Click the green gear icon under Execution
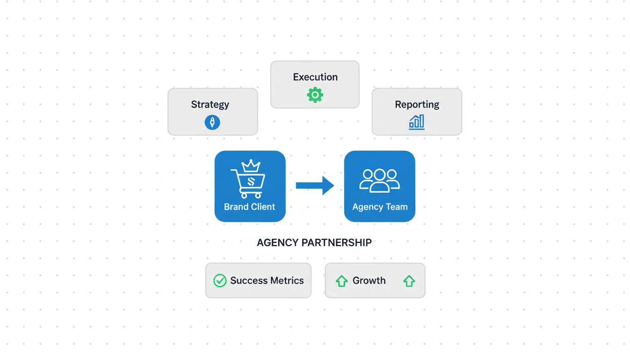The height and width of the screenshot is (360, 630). (315, 95)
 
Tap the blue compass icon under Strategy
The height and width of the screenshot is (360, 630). (212, 123)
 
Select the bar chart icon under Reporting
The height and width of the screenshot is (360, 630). (417, 122)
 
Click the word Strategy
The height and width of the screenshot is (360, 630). (210, 105)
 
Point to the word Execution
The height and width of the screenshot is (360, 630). (315, 77)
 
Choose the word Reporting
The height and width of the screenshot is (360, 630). (417, 105)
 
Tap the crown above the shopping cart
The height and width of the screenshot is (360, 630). (250, 166)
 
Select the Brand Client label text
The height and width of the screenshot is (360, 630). (249, 207)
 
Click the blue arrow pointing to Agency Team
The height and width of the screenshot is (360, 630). (315, 186)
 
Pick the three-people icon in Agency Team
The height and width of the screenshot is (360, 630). (379, 180)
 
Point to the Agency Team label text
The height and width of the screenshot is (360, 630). (380, 207)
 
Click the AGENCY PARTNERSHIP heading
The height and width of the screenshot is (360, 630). (314, 243)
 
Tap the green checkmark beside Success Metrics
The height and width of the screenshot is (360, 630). (220, 281)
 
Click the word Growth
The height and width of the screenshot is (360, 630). (369, 281)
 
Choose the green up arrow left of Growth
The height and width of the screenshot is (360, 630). (341, 281)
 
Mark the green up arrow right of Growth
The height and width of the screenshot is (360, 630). (409, 281)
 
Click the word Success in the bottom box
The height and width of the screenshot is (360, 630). (249, 281)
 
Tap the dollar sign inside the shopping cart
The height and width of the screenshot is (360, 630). (250, 181)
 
